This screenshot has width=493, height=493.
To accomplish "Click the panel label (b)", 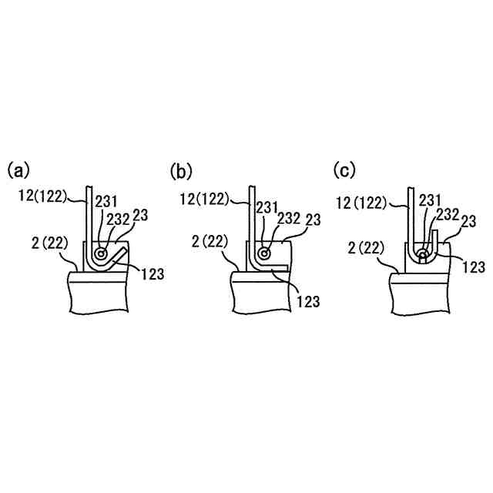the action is pyautogui.click(x=181, y=169).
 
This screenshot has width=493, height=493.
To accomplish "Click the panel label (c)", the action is pyautogui.click(x=344, y=169).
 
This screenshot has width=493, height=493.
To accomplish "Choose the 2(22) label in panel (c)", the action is pyautogui.click(x=367, y=249).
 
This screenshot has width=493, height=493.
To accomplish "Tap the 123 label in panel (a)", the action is pyautogui.click(x=152, y=272).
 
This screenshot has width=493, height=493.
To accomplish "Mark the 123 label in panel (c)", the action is pyautogui.click(x=474, y=267).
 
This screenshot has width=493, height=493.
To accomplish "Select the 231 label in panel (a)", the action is pyautogui.click(x=105, y=202).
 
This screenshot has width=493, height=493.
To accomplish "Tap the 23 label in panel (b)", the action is pyautogui.click(x=312, y=220).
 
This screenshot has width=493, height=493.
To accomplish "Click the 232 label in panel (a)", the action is pyautogui.click(x=119, y=219).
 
